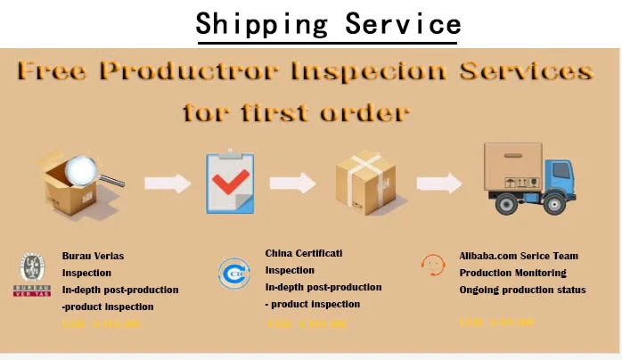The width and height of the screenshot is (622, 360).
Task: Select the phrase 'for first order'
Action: (296, 112)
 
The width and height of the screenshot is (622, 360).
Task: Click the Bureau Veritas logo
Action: (32, 274)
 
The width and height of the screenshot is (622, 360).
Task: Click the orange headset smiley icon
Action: (433, 266)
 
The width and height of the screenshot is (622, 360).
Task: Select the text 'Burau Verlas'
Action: (93, 256)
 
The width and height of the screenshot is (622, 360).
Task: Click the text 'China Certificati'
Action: (305, 253)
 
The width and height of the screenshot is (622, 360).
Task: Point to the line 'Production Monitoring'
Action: (512, 273)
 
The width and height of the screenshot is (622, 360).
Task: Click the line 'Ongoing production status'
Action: (522, 290)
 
